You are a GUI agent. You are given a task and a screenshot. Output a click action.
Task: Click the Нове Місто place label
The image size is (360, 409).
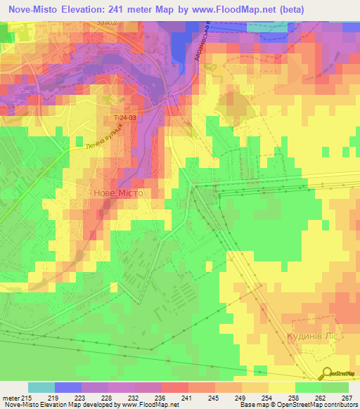(118, 193)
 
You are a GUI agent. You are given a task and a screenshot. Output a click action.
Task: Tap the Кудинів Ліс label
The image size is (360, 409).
(314, 337)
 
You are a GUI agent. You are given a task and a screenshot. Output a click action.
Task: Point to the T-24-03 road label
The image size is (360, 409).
(123, 118)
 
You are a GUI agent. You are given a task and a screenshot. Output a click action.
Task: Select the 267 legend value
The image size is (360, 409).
(347, 397)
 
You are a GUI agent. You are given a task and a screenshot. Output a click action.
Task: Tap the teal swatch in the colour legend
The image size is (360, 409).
(41, 387)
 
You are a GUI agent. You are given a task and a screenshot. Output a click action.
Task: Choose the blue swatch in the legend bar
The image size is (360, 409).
(68, 387)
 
